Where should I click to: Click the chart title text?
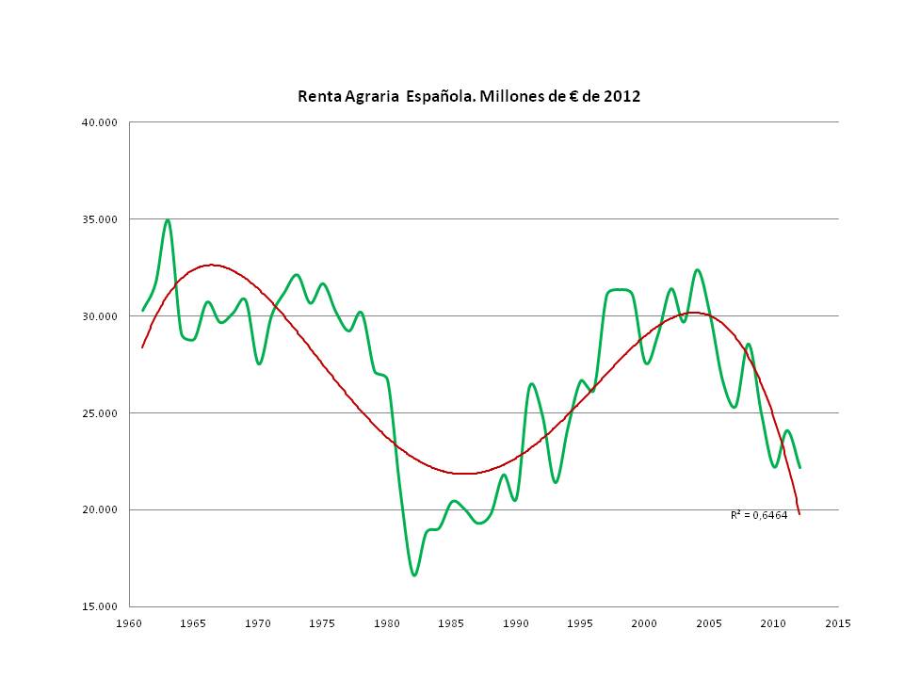[x=469, y=96]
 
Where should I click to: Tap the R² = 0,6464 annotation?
[x=759, y=515]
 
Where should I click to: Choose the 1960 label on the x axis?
[x=129, y=623]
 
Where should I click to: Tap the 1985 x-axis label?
[x=452, y=623]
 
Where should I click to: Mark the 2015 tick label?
[x=838, y=623]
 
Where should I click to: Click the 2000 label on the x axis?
[x=645, y=623]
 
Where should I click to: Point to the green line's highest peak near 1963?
[x=168, y=220]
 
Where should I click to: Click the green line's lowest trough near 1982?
[x=414, y=574]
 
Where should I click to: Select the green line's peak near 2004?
[x=698, y=270]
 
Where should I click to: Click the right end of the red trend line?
[x=799, y=513]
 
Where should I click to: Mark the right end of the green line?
[x=799, y=467]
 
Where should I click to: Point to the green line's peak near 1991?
[x=532, y=383]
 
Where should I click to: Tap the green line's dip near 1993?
[x=557, y=482]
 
